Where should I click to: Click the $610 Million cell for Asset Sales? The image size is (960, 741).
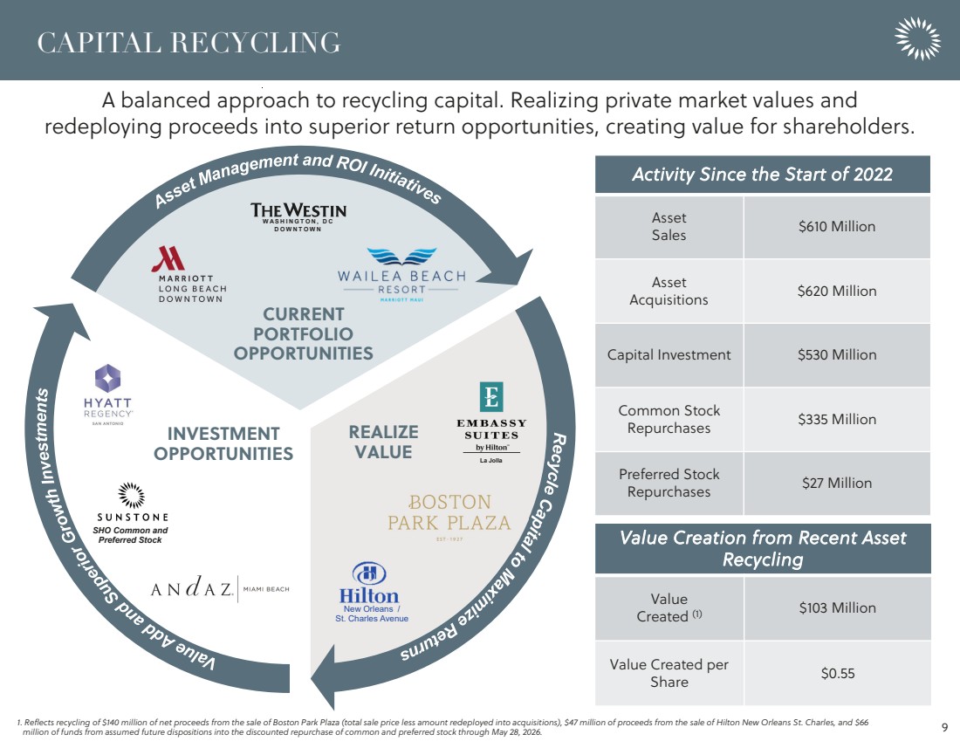(836, 227)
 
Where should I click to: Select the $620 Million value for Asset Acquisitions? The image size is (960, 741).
(836, 291)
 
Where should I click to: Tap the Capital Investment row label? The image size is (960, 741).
(669, 354)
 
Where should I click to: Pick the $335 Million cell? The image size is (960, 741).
(836, 419)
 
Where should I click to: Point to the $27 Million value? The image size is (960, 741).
(836, 484)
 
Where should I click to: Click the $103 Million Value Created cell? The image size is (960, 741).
(837, 607)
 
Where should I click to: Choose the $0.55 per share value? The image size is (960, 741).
(837, 673)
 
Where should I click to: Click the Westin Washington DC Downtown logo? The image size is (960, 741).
(298, 217)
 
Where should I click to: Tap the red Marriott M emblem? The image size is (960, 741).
(168, 258)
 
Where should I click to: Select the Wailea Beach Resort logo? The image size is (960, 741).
(401, 275)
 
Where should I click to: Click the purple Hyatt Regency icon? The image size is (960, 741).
(107, 378)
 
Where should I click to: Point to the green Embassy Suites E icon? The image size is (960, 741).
(491, 397)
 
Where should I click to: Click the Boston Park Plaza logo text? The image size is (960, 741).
(449, 513)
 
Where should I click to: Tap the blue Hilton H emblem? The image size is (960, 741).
(369, 573)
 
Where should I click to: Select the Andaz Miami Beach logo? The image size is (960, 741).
(220, 588)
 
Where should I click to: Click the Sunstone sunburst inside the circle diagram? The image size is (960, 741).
(131, 495)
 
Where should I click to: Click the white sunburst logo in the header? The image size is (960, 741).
(917, 38)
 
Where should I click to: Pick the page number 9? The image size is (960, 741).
(944, 728)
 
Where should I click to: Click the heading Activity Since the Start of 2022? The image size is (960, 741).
(762, 175)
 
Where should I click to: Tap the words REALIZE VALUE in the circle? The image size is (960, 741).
(383, 442)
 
